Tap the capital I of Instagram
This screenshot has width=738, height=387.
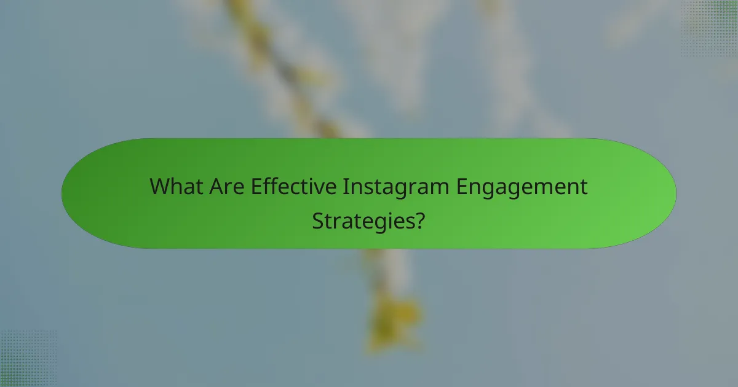coord(346,187)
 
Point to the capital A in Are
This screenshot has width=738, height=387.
coord(215,187)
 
